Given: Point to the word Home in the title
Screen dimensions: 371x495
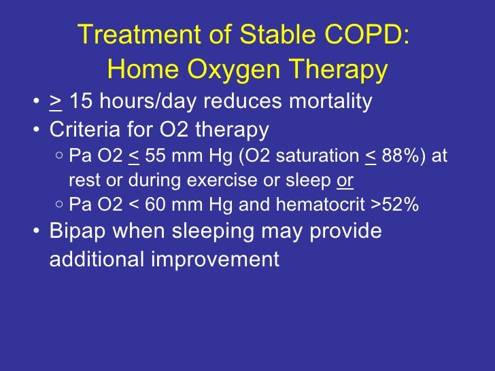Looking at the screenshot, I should point(141,69).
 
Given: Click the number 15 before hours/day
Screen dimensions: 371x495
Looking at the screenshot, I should point(81,101).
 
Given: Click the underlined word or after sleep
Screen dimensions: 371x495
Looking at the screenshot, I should point(345,181).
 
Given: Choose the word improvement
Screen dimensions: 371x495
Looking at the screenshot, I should point(221,259).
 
